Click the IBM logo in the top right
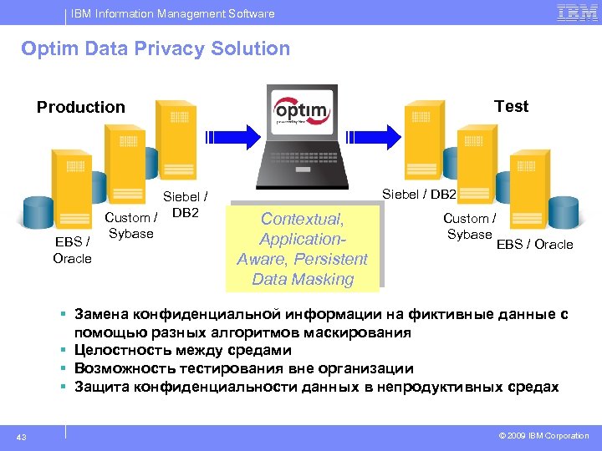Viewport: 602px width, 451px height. coord(577,13)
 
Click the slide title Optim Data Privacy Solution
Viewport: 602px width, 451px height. coord(156,48)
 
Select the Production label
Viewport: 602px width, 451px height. coord(80,107)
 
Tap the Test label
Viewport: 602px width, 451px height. coord(511,106)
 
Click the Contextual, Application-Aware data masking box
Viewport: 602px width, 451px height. coord(303,249)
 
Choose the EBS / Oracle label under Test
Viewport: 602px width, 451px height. coord(534,244)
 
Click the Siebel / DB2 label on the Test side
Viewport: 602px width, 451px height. coord(419,194)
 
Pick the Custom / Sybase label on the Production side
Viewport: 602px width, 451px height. coord(131,225)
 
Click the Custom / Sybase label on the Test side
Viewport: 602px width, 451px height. coord(469,226)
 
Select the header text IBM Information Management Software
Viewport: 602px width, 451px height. coord(172,13)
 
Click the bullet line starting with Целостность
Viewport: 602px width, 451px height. coord(182,351)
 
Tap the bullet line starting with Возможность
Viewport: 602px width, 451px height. coord(243,368)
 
